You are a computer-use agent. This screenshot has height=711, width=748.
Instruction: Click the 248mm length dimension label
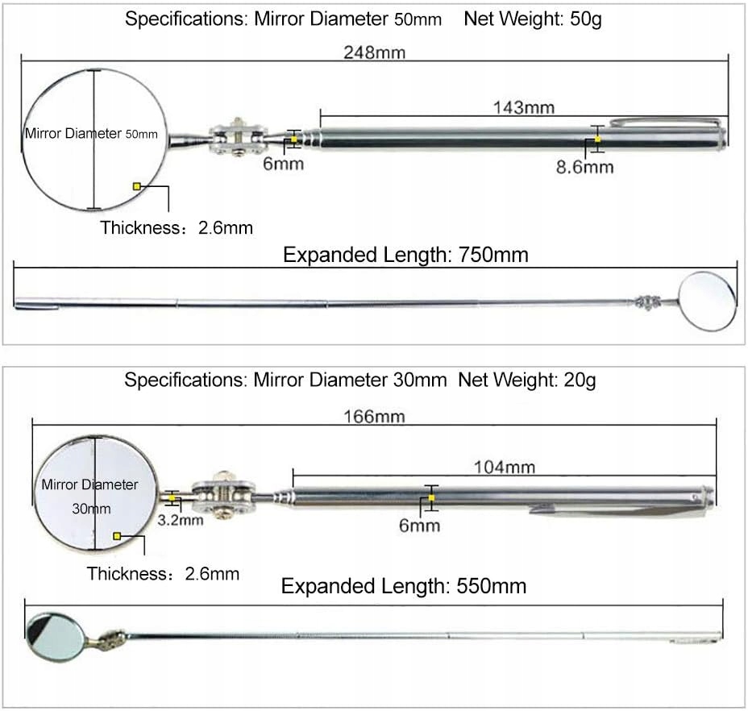[373, 52]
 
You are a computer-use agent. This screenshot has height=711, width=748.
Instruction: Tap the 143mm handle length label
[523, 107]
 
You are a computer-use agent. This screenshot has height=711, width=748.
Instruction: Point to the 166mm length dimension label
[373, 417]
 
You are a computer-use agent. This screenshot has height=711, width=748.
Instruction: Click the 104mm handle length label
[505, 467]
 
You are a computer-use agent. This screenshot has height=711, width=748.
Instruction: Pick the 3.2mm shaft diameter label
[180, 519]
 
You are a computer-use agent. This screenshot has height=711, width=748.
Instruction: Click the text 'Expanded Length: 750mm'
[405, 256]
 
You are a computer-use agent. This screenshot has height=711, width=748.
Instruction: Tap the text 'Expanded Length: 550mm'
[403, 586]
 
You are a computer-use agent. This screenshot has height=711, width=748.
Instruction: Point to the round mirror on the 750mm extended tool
[707, 301]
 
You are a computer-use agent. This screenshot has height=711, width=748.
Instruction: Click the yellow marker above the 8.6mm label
[597, 139]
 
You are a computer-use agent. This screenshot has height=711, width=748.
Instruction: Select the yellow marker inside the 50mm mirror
[137, 186]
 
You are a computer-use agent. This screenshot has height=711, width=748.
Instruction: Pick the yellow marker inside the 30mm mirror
[118, 535]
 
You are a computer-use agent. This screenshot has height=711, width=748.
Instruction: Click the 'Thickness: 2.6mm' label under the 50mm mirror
[177, 228]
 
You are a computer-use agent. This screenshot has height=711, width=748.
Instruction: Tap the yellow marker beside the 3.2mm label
[172, 499]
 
